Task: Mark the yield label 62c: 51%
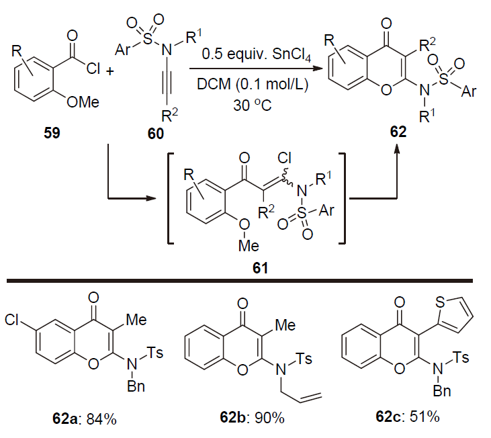408,417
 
